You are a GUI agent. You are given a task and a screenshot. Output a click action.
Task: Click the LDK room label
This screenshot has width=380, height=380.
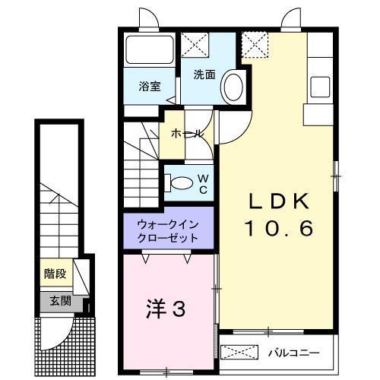pos(278,201)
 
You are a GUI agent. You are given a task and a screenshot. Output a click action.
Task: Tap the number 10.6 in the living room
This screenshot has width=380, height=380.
pos(278,228)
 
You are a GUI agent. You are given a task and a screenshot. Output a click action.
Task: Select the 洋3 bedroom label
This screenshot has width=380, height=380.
pos(166,309)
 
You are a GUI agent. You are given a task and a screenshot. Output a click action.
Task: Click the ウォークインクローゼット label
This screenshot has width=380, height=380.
pos(168,230)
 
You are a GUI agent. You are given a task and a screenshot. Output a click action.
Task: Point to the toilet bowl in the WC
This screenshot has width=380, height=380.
pos(181,183)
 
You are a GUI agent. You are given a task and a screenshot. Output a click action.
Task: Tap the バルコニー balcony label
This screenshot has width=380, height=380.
pos(293,353)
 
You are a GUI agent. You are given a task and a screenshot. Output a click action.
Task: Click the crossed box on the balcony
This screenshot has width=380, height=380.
pos(240,353)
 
